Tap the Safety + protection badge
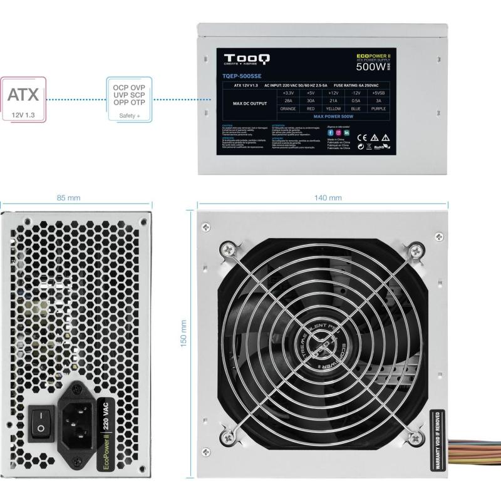[130, 100]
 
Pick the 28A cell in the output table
[289, 100]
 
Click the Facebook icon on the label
[330, 133]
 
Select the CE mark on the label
[361, 137]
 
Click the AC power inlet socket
[77, 418]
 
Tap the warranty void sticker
[438, 442]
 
